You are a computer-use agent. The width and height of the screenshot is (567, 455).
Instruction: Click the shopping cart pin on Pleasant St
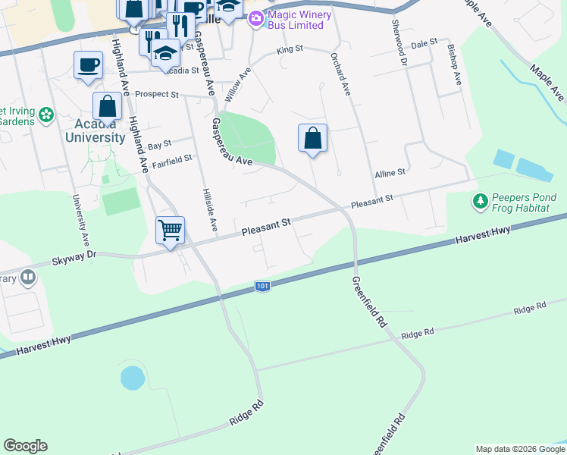pos(171,229)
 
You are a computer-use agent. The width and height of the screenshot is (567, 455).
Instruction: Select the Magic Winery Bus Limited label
pos(296,18)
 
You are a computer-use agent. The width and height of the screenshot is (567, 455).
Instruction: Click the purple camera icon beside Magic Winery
pos(256,17)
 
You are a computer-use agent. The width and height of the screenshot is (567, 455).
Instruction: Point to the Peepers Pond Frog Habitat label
pos(524,202)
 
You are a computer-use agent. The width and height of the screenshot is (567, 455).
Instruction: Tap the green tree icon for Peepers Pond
pos(480,202)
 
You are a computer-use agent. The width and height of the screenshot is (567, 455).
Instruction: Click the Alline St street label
pos(390,174)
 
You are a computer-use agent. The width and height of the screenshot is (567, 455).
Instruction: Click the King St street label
pos(290,49)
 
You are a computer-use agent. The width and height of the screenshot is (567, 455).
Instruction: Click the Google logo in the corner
pos(25,446)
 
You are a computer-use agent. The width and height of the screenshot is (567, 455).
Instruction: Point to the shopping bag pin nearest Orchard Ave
pos(312,139)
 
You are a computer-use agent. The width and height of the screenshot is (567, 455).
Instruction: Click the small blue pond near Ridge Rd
pos(132,376)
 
